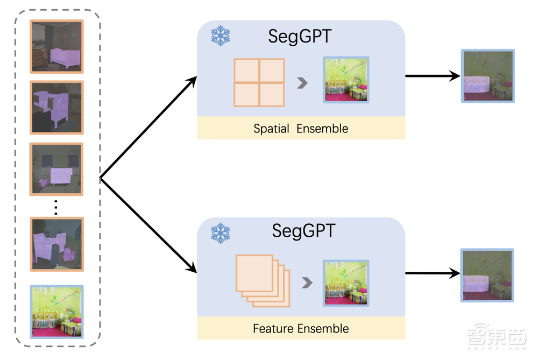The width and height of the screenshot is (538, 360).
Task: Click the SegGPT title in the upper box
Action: [x=300, y=37]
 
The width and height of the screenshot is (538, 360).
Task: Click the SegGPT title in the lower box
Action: [x=303, y=231]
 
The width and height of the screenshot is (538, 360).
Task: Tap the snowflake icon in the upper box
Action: [x=220, y=36]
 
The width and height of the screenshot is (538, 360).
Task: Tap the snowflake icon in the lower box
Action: [x=220, y=233]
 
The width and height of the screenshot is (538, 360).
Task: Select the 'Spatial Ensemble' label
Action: [x=301, y=129]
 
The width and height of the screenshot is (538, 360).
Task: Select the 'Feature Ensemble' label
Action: [x=301, y=328]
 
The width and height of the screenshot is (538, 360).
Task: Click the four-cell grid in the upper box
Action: [x=259, y=82]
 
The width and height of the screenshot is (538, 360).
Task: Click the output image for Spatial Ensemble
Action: [x=488, y=76]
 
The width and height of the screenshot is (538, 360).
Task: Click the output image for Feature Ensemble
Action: [x=487, y=274]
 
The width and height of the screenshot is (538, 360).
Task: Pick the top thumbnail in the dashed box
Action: [x=56, y=47]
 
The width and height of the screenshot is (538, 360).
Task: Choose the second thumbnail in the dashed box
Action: [x=56, y=108]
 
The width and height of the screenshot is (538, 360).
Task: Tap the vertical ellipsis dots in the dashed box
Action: [x=56, y=207]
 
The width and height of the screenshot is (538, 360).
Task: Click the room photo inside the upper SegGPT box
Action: [x=345, y=80]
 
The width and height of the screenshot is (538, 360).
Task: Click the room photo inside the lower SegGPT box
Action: [x=345, y=283]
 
